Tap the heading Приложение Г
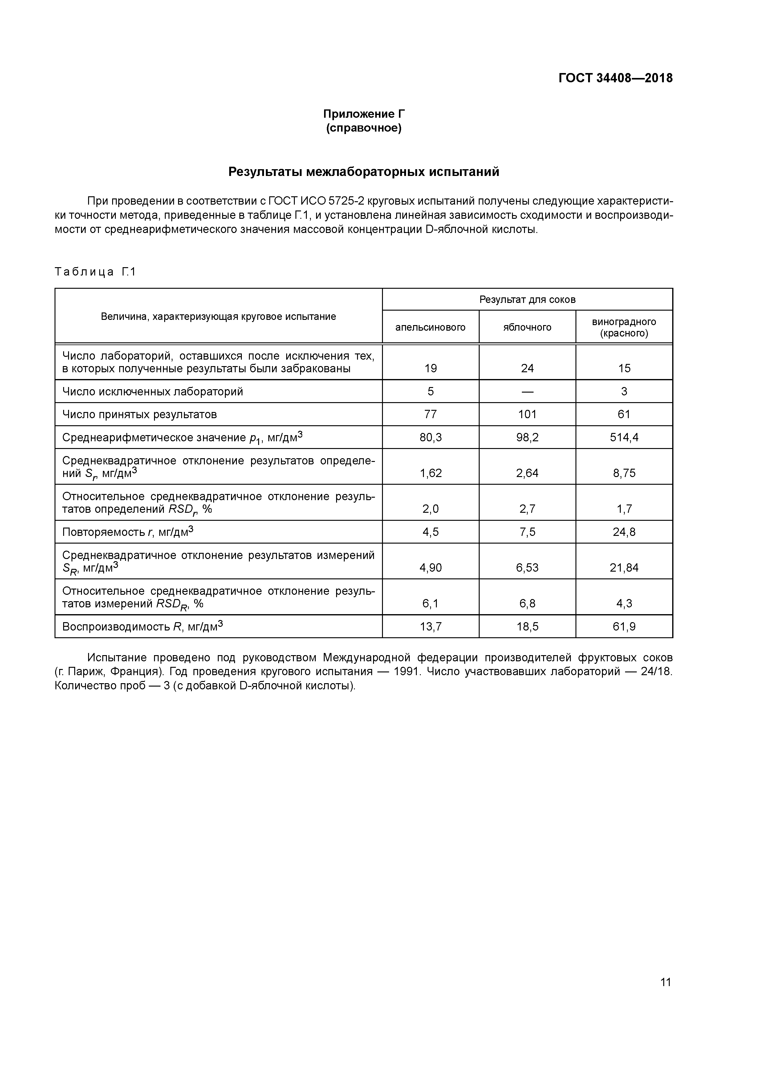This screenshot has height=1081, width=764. pos(364,114)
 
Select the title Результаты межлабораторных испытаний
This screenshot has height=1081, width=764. pos(364,172)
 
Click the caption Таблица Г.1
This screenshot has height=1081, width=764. pos(95,272)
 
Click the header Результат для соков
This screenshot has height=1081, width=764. pos(527,300)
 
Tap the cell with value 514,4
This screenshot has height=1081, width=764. pos(624,437)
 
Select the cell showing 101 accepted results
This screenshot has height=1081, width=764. pos(527,414)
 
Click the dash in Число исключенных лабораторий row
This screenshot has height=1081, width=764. pos(527,392)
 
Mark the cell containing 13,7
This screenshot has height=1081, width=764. pos(430,626)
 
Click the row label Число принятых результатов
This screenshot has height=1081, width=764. pos(139,414)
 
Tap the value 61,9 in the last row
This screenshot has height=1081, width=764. pos(624,626)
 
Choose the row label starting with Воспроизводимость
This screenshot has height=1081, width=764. pos(142,626)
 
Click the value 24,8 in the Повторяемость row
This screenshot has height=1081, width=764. pos(624,532)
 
